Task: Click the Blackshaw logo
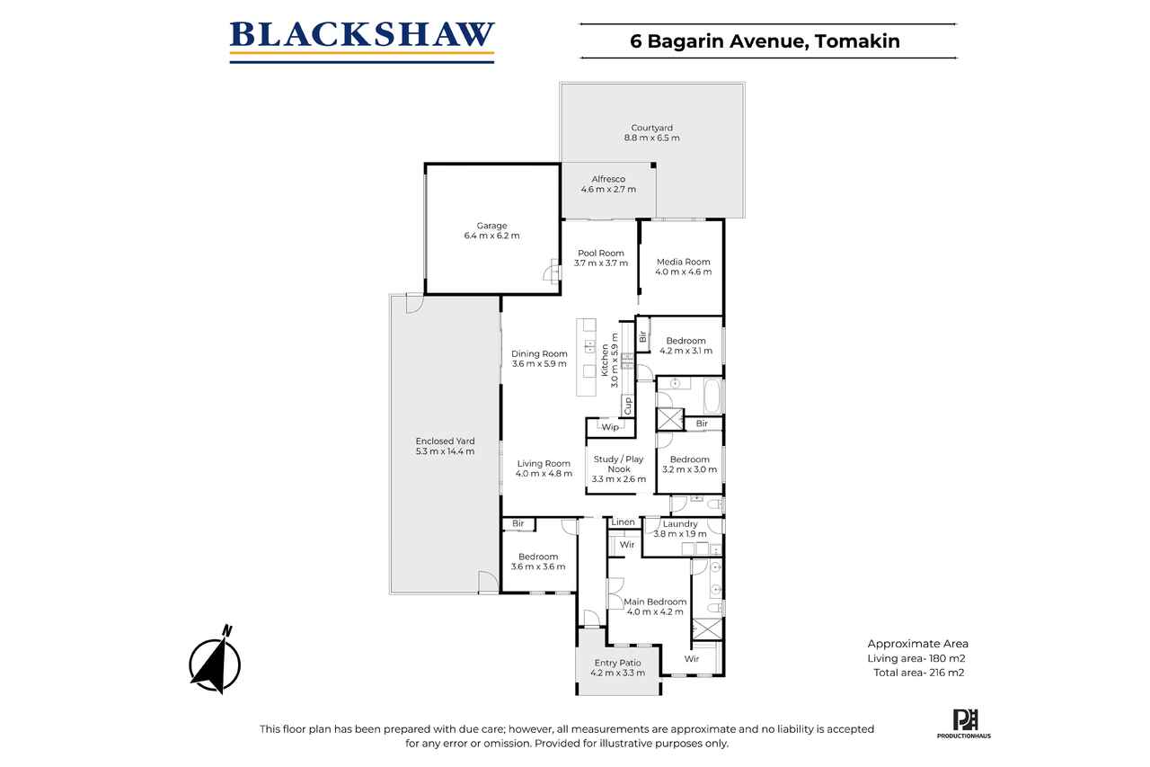click(x=362, y=41)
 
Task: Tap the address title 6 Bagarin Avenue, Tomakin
click(x=765, y=41)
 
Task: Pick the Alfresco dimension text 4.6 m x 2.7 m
click(x=608, y=189)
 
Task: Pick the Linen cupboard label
click(x=624, y=522)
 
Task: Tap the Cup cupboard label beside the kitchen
click(x=627, y=406)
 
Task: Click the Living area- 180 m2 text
click(x=916, y=658)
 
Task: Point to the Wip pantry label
click(x=610, y=427)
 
